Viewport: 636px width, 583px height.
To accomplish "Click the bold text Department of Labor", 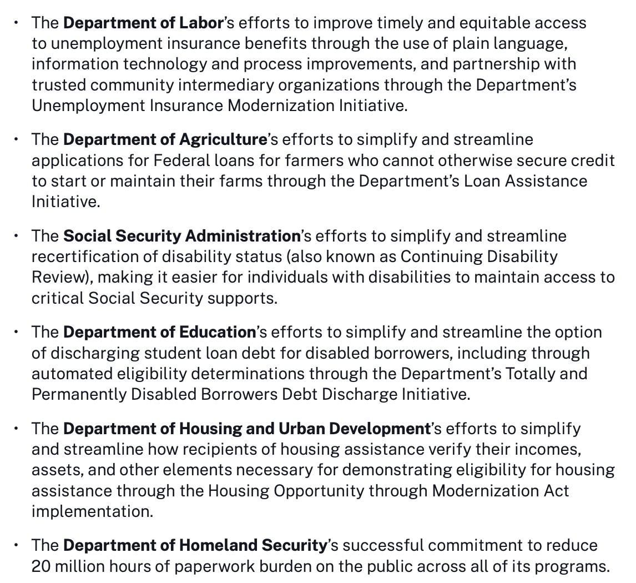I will [143, 23].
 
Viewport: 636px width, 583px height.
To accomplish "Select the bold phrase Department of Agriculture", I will [165, 139].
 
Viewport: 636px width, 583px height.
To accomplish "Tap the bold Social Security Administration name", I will [181, 236].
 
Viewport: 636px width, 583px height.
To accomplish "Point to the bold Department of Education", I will [159, 332].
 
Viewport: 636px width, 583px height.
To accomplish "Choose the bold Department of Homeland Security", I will [195, 545].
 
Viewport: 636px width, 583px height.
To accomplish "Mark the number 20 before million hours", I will [41, 566].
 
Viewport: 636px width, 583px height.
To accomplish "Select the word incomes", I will [547, 449].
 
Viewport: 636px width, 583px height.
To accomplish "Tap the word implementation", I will [92, 511].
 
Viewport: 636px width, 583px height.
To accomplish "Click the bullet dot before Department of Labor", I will [17, 23].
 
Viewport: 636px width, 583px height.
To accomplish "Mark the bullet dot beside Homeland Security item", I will [17, 545].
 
